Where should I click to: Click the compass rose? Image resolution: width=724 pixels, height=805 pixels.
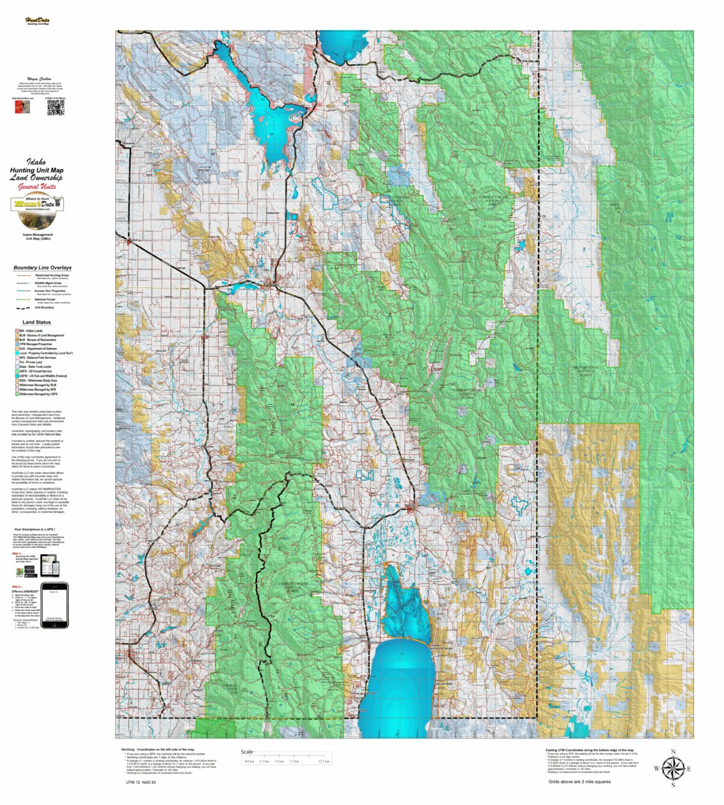pos(672,769)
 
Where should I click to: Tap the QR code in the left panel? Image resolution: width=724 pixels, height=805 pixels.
pos(56,108)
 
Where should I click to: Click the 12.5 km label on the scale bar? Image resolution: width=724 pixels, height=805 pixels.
pos(324,761)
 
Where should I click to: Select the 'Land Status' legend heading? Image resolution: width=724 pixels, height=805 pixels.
pos(36,323)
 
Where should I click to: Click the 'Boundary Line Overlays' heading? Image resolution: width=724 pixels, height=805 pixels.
pos(42,267)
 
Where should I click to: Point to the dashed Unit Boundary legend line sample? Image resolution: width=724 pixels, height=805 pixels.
pos(23,307)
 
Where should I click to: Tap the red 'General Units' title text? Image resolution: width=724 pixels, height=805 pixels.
pos(37,187)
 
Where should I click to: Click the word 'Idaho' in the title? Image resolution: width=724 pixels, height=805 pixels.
pos(36,163)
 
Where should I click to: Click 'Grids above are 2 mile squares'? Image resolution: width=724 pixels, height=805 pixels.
pos(579,781)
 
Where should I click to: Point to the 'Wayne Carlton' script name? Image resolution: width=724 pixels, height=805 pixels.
pos(36,77)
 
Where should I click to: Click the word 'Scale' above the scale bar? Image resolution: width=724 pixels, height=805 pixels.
pos(247,752)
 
